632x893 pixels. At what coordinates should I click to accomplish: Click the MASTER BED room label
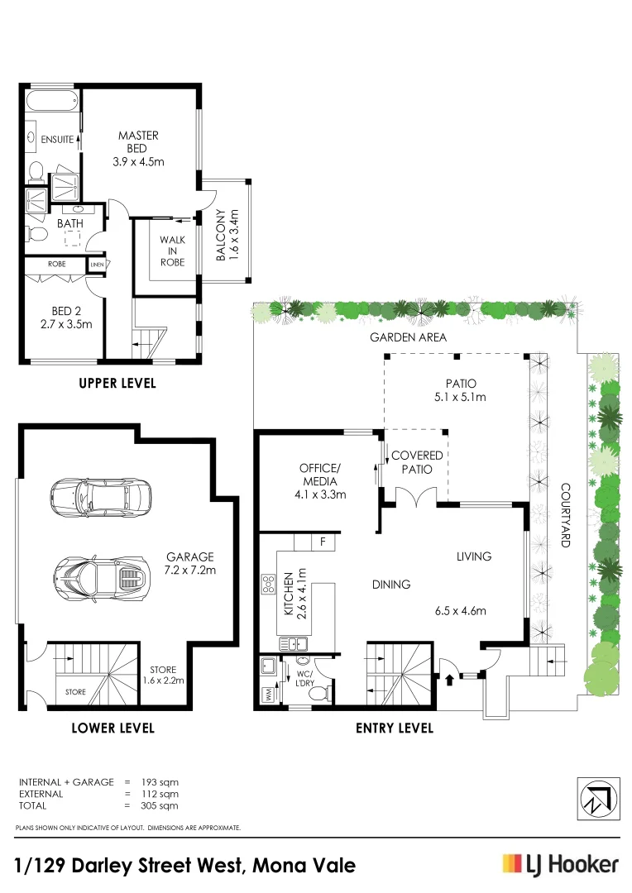coord(138,148)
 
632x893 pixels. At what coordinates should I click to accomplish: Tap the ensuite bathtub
coord(51,103)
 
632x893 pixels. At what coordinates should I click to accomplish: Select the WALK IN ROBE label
coord(172,251)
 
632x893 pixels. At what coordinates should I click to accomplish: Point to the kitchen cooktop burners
coord(269,584)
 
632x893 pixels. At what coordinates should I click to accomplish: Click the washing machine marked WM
coord(268,694)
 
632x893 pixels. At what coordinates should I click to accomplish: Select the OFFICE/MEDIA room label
coord(318,480)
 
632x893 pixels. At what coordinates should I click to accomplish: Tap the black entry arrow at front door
coord(450,680)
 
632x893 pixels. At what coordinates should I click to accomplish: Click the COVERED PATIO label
coord(417,461)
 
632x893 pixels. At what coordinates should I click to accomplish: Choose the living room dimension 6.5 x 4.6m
coord(460,612)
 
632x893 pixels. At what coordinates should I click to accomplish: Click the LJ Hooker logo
coord(560,865)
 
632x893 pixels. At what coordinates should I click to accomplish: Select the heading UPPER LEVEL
coord(117,384)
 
